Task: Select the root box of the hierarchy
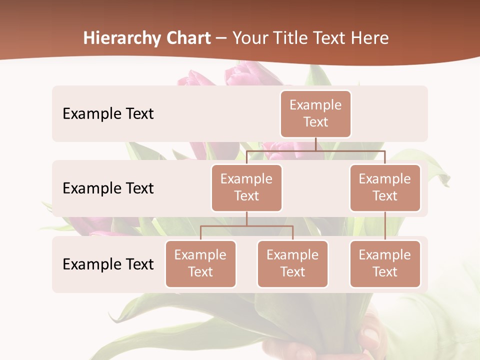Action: pos(315,113)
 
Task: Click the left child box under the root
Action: pos(246,187)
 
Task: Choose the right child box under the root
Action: pos(385,187)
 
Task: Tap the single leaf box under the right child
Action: pos(385,263)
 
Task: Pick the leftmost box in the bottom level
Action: pos(200,263)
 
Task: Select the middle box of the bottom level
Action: pos(292,263)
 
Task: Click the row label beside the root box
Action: pos(108,113)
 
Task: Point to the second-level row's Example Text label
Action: pos(108,188)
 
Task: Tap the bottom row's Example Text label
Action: pos(108,264)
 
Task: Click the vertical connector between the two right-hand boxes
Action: pos(385,226)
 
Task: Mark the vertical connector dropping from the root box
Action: pos(315,144)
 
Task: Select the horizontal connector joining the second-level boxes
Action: pos(315,150)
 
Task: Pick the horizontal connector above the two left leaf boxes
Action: pos(246,226)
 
